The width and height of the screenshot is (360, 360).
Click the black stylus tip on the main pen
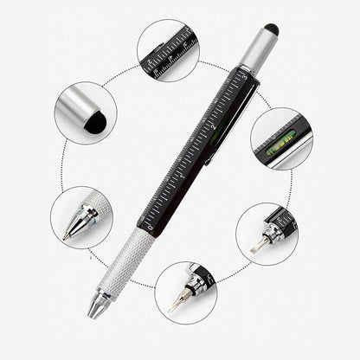[x=271, y=29]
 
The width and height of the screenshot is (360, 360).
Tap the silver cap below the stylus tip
[x=257, y=51]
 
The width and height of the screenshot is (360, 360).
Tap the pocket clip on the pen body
[x=227, y=130]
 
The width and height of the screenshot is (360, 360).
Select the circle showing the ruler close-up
[x=168, y=50]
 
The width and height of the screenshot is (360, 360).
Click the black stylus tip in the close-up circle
[x=94, y=123]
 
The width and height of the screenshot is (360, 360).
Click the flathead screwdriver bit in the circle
[x=256, y=246]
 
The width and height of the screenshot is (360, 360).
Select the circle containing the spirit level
[x=281, y=138]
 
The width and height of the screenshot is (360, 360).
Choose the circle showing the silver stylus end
[x=85, y=112]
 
